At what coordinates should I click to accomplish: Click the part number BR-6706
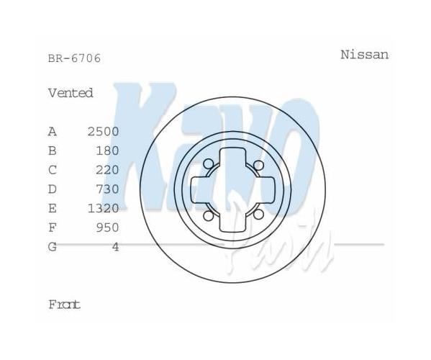[75, 58]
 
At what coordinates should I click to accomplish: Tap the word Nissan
[365, 55]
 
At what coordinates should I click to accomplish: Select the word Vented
[71, 93]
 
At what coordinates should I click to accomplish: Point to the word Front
[64, 305]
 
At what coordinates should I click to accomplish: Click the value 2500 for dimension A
[104, 132]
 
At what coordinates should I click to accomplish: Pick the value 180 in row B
[107, 150]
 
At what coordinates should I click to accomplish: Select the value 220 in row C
[107, 170]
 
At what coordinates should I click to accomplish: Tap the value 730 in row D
[107, 189]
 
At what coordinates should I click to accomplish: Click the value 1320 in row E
[104, 208]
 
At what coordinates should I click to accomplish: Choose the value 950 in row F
[107, 228]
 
